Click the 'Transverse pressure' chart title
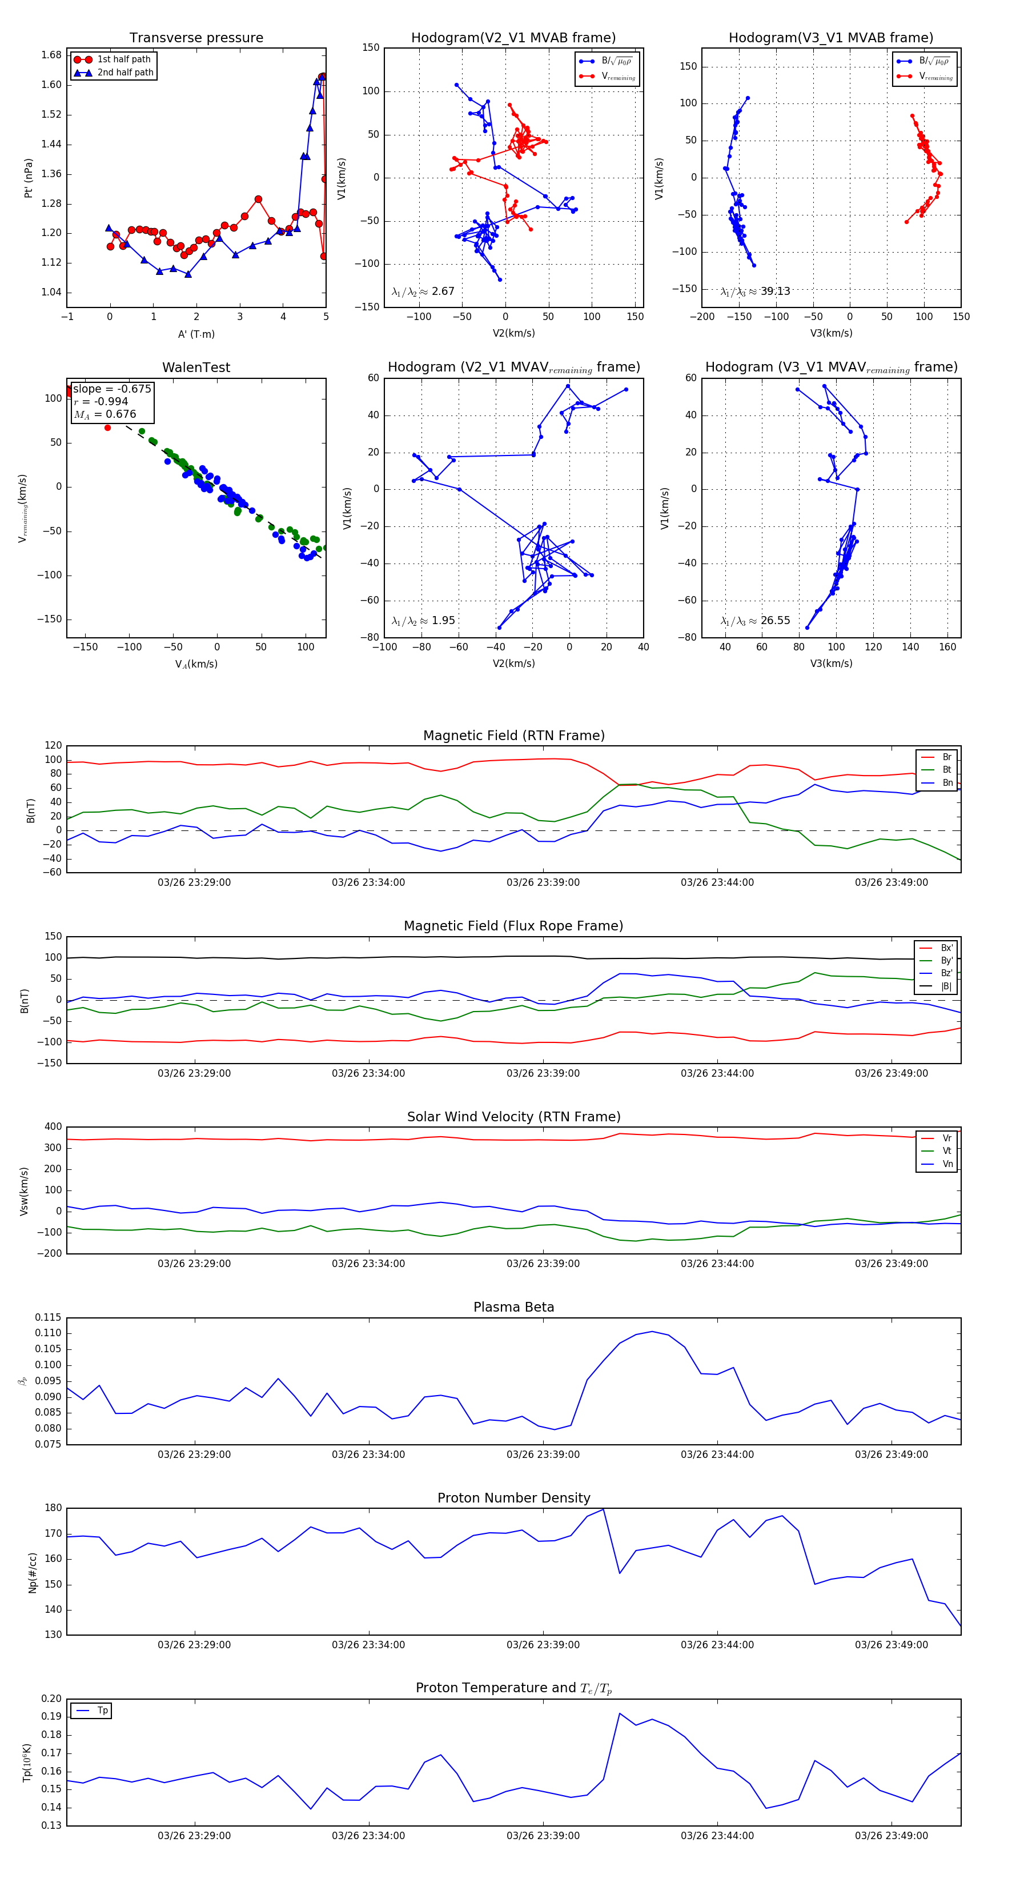point(196,38)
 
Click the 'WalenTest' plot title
point(196,367)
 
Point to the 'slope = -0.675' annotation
point(112,389)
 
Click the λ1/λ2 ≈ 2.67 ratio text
point(423,291)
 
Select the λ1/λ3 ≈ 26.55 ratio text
point(755,621)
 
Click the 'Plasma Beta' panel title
point(513,1308)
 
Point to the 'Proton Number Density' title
point(513,1498)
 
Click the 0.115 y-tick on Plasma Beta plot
point(49,1317)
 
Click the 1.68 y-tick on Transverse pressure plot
point(51,55)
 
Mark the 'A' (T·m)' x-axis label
point(196,334)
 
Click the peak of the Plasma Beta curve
point(652,1331)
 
